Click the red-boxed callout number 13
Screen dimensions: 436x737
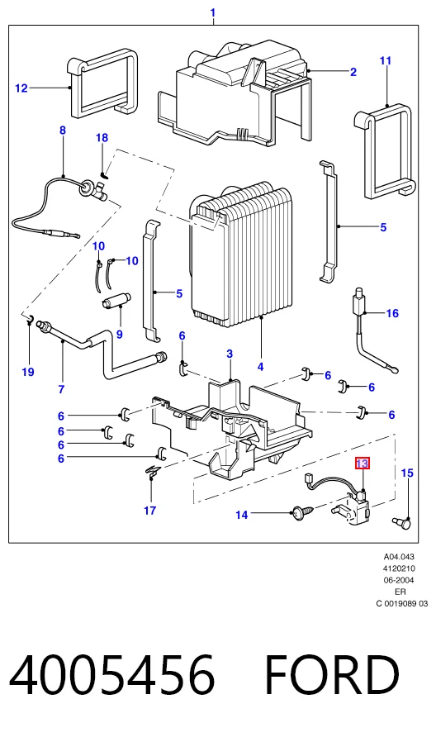363,464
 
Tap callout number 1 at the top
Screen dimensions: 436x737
213,12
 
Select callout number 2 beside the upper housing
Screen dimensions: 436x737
353,72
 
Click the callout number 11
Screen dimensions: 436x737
386,60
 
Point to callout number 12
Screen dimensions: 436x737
21,88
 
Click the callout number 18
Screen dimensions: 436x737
102,138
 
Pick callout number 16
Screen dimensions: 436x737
392,313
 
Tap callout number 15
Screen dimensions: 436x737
407,473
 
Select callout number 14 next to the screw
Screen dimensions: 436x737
241,515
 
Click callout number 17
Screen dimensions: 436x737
150,510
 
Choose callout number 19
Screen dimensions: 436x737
28,372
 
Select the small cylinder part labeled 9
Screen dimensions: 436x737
116,299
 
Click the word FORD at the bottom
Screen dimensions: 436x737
332,674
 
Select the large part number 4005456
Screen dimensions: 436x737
111,674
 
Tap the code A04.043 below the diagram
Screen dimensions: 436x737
399,557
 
